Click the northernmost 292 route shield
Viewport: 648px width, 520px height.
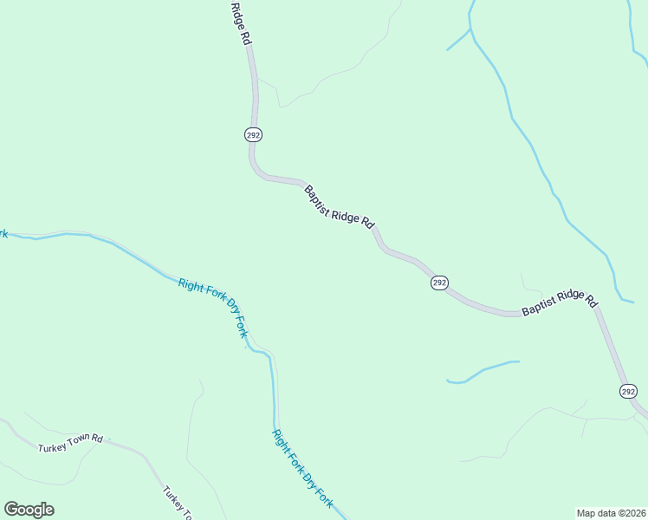253,135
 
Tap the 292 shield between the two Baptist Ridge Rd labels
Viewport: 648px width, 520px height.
440,283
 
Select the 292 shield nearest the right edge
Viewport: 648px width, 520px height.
629,392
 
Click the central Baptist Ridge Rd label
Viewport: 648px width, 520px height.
338,205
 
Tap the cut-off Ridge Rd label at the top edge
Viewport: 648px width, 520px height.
241,23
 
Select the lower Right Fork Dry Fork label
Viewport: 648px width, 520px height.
302,469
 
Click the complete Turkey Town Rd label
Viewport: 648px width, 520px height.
70,444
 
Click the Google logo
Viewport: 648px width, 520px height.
29,510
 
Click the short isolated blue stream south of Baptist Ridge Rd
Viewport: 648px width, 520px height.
482,371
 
